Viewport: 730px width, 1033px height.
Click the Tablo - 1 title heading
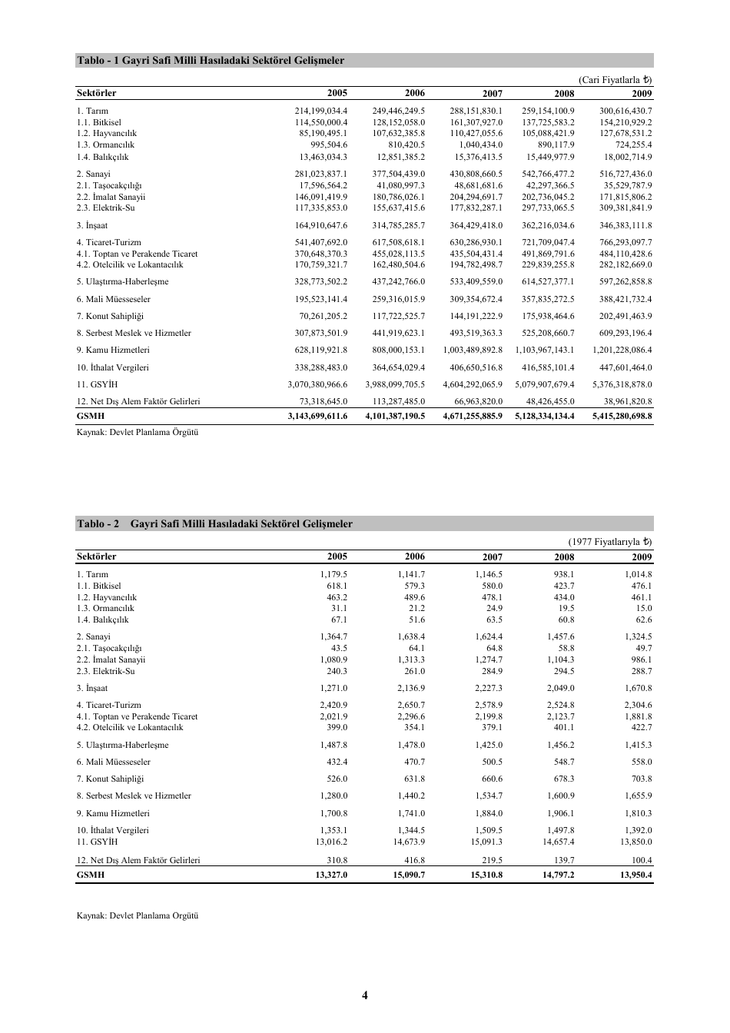click(210, 61)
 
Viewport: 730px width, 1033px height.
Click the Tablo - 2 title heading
click(214, 524)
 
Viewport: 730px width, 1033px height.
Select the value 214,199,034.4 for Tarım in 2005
click(321, 111)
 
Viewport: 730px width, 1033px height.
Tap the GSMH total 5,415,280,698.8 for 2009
click(622, 416)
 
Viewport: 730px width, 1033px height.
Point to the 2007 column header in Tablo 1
click(492, 94)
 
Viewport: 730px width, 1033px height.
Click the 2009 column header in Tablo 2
click(642, 557)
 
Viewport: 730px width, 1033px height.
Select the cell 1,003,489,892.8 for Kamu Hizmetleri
click(473, 350)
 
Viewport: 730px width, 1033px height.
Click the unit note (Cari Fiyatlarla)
click(615, 80)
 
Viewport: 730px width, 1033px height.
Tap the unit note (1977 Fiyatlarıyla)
click(610, 543)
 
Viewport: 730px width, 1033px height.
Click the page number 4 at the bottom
click(365, 995)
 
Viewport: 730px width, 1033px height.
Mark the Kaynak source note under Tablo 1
click(138, 433)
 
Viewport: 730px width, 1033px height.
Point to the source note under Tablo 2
click(138, 915)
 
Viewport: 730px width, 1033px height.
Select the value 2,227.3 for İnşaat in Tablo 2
click(488, 689)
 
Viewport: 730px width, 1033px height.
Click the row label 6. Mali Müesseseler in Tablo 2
click(114, 762)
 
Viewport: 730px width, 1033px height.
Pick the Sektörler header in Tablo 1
click(97, 94)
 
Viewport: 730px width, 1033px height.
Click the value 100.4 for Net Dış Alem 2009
click(641, 860)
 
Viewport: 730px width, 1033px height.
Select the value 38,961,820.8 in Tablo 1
click(625, 401)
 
